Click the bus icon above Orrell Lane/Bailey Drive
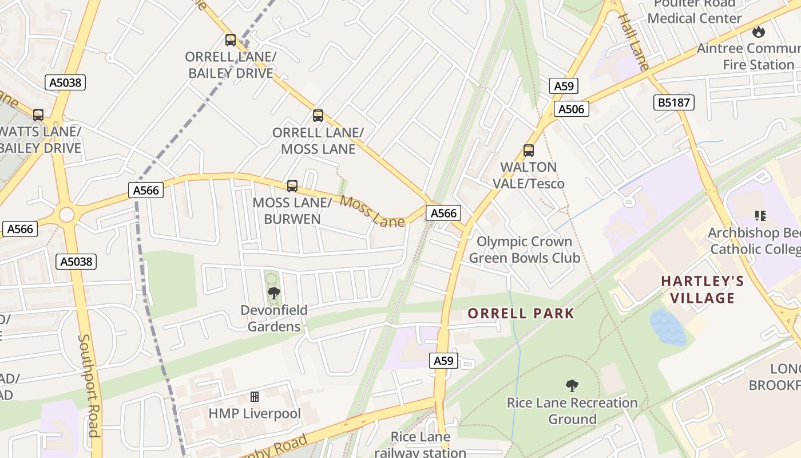(231, 40)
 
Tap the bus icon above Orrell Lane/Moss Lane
(318, 116)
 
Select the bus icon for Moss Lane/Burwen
(292, 185)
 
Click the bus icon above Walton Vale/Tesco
(529, 151)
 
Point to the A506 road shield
(571, 109)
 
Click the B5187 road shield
(674, 102)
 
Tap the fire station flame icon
(759, 31)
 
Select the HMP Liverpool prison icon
(255, 396)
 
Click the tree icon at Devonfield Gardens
(274, 293)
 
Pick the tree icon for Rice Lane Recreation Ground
(572, 386)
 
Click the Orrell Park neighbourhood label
(521, 313)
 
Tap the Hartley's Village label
(703, 289)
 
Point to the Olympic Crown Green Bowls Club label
(525, 250)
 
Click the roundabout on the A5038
(66, 215)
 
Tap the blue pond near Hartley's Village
(668, 327)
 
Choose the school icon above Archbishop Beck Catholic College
(760, 216)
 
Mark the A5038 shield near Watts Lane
(65, 82)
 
